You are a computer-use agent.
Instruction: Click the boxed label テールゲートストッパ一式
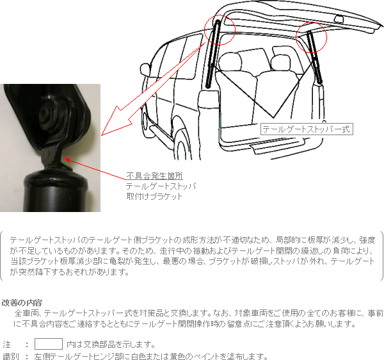(307, 129)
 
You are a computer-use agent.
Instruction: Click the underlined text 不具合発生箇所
(154, 176)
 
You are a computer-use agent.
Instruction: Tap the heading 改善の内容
(22, 302)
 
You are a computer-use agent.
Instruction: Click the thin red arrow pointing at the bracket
(95, 169)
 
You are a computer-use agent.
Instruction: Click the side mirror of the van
(145, 69)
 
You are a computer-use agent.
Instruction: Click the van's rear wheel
(182, 145)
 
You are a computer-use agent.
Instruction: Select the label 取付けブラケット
(154, 196)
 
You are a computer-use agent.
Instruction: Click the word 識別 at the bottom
(10, 356)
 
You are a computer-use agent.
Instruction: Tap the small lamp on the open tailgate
(339, 19)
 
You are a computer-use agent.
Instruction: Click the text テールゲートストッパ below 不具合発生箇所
(161, 186)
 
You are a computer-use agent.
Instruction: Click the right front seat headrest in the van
(280, 62)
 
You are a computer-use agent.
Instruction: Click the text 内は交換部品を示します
(111, 345)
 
